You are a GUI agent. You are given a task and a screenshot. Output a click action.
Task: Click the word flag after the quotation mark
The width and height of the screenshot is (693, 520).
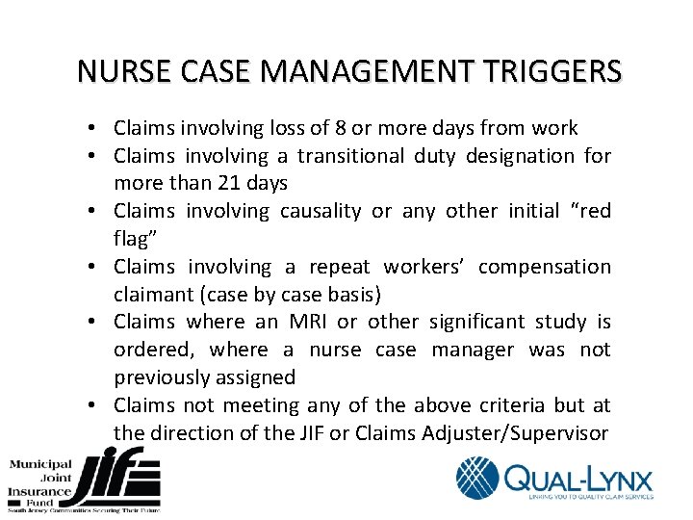point(131,239)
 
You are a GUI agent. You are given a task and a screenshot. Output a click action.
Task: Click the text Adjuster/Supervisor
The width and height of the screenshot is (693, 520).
point(515,433)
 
